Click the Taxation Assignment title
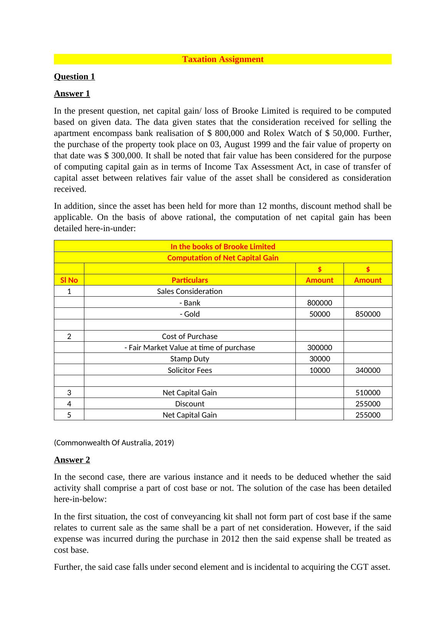coord(223,59)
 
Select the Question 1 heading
coord(74,77)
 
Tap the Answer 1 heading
coord(72,94)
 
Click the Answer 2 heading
coord(72,460)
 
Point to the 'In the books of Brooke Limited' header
coord(223,247)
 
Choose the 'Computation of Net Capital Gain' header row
coord(223,258)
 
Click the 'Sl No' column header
coord(69,280)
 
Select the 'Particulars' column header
coord(189,280)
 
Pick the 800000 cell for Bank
coord(320,303)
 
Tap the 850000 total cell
coord(368,314)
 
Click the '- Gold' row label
coord(189,314)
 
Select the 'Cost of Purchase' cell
coord(189,336)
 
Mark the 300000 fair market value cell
coord(320,347)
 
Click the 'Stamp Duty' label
coord(189,359)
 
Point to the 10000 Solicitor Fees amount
coord(320,370)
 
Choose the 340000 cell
coord(368,370)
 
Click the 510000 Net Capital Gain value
coord(368,393)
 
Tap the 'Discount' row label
coord(189,404)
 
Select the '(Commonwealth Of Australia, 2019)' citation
coord(114,443)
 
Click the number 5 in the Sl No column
coord(69,415)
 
